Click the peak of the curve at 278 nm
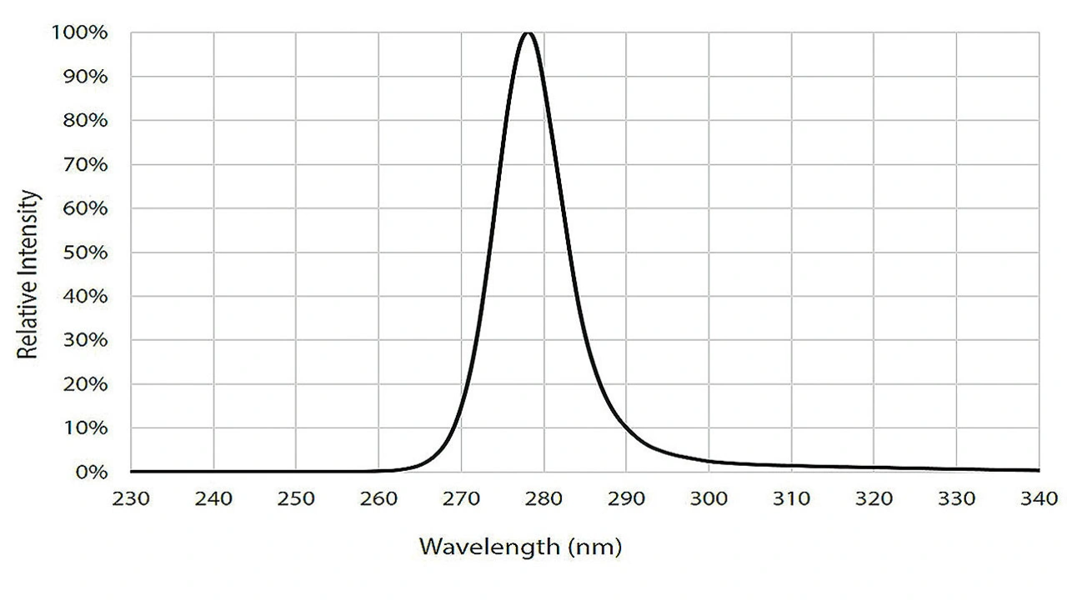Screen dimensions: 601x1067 tap(528, 33)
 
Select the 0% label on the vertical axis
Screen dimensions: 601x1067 tap(92, 473)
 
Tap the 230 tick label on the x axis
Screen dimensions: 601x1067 tap(131, 498)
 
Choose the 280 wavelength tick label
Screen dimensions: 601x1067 tap(544, 498)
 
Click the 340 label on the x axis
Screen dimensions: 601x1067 tap(1039, 498)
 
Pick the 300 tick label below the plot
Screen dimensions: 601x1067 tap(709, 498)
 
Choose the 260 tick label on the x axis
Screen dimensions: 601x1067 tap(378, 498)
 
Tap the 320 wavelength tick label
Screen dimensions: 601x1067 tap(874, 498)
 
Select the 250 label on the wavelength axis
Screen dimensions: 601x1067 tap(296, 498)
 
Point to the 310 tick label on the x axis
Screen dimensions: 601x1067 tap(791, 498)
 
